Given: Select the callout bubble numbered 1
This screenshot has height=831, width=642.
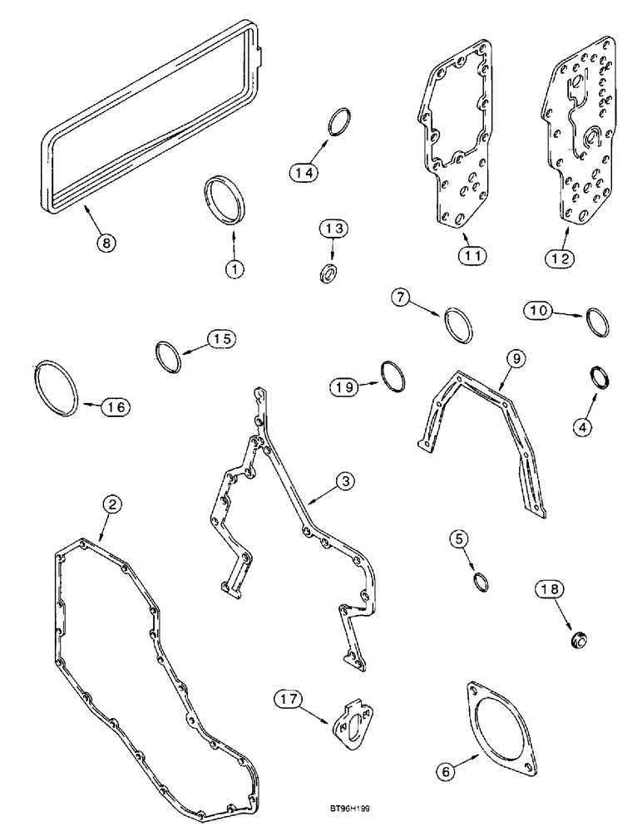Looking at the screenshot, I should point(235,269).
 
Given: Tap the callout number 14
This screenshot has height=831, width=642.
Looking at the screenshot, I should point(304,172).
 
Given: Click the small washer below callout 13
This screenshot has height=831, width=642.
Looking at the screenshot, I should point(329,272).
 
